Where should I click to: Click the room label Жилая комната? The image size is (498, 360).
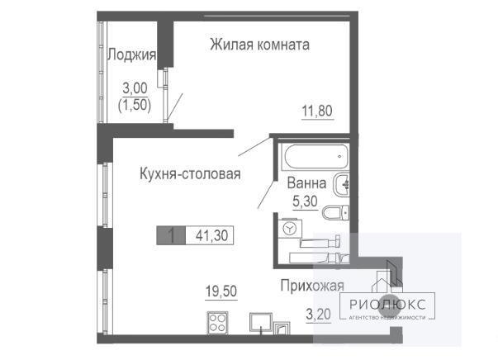click(259, 45)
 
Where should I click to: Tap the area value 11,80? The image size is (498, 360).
click(317, 111)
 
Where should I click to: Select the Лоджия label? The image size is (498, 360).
click(132, 54)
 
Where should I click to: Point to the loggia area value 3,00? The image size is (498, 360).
click(135, 88)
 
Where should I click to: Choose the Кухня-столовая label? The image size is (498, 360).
click(190, 174)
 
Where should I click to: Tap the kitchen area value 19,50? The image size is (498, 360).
click(221, 291)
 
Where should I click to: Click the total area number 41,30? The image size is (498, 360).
click(212, 236)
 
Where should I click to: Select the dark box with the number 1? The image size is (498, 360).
click(171, 235)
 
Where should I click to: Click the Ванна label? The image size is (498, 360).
click(306, 183)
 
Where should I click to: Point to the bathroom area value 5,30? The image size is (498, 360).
click(305, 201)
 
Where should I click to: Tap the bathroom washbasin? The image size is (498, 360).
click(341, 184)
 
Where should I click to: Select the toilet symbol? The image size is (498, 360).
click(335, 213)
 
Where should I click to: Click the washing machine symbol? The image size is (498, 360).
click(290, 228)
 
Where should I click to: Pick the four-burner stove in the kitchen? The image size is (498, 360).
click(217, 323)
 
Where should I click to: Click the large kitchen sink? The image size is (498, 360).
click(261, 323)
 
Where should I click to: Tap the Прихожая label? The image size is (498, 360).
click(312, 286)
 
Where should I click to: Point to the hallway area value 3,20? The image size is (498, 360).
click(318, 315)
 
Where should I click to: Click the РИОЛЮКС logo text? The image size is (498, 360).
click(387, 305)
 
